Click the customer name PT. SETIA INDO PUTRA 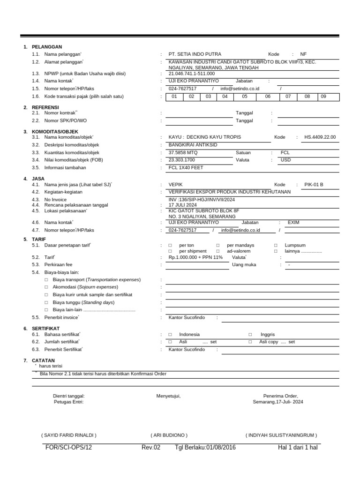pos(195,54)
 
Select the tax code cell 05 pos(244,97)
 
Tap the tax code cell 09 pos(323,97)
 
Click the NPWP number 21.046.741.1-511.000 pos(191,74)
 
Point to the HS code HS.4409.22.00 pos(320,137)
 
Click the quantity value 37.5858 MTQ pos(183,153)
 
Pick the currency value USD pos(285,160)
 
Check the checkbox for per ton pos(171,246)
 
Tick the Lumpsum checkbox pos(275,246)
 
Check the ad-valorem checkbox pos(218,252)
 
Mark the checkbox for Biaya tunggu pos(46,303)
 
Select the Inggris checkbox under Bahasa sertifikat pos(250,335)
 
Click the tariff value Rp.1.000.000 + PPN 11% pos(195,257)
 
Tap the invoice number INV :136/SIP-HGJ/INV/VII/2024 pos(202,200)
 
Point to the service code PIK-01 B pos(314,185)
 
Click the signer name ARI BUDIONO pos(169,435)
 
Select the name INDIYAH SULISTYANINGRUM pos(281,435)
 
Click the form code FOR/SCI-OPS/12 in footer pos(68,448)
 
